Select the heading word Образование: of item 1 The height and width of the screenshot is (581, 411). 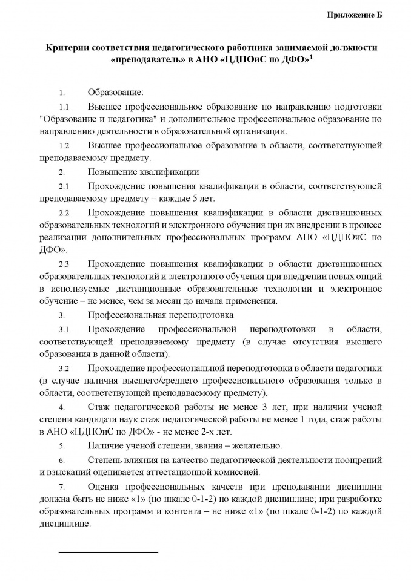(x=116, y=93)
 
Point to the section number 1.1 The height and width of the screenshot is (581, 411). (x=64, y=107)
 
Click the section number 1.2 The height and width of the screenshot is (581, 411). (x=64, y=146)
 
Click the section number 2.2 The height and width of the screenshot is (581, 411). (x=64, y=212)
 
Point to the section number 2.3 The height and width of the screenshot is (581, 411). (x=64, y=264)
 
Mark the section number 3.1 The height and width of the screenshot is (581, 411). (x=64, y=329)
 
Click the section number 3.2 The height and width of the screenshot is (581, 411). (x=64, y=368)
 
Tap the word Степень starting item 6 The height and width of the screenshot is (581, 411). (x=105, y=459)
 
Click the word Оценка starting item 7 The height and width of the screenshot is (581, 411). (x=104, y=486)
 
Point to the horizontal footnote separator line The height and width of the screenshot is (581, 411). (x=108, y=552)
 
